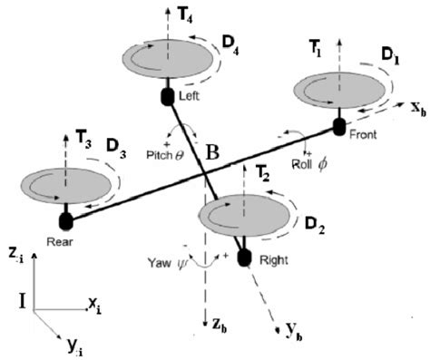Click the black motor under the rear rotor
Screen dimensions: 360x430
[x=64, y=219]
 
